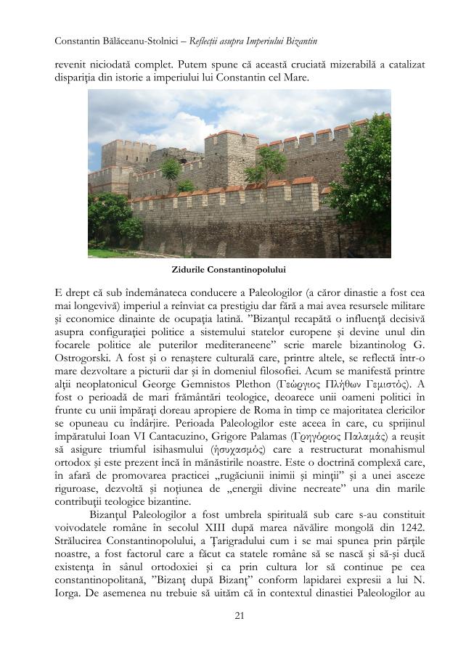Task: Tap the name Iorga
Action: [70, 585]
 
